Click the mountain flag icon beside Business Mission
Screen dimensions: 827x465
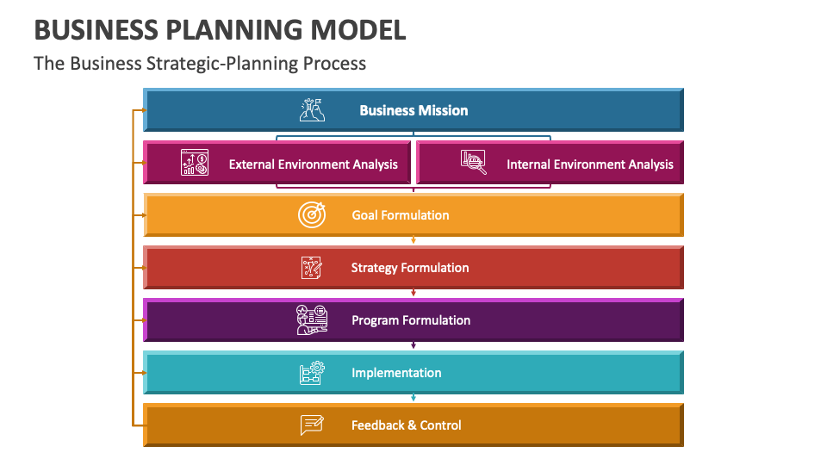click(x=312, y=109)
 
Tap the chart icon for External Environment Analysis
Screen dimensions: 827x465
click(x=195, y=163)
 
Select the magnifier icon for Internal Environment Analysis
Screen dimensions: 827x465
click(x=474, y=163)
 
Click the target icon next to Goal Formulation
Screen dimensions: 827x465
click(x=312, y=214)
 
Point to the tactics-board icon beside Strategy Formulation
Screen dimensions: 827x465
click(x=312, y=267)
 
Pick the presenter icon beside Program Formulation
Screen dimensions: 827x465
click(x=312, y=319)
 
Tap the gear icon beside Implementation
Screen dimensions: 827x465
click(x=312, y=373)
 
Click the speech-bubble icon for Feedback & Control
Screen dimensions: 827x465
click(x=312, y=425)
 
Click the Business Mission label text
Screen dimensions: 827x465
click(x=413, y=110)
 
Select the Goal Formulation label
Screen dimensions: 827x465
click(x=401, y=215)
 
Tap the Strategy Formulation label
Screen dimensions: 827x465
click(x=410, y=268)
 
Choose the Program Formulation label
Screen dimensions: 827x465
click(x=411, y=320)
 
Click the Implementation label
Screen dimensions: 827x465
click(x=396, y=373)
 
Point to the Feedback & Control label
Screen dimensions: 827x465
click(x=406, y=425)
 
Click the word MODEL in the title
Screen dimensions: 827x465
click(x=358, y=30)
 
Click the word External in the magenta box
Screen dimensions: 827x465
click(x=252, y=164)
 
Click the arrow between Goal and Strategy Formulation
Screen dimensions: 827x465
click(x=413, y=240)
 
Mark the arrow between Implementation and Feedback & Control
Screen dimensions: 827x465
click(x=413, y=398)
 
